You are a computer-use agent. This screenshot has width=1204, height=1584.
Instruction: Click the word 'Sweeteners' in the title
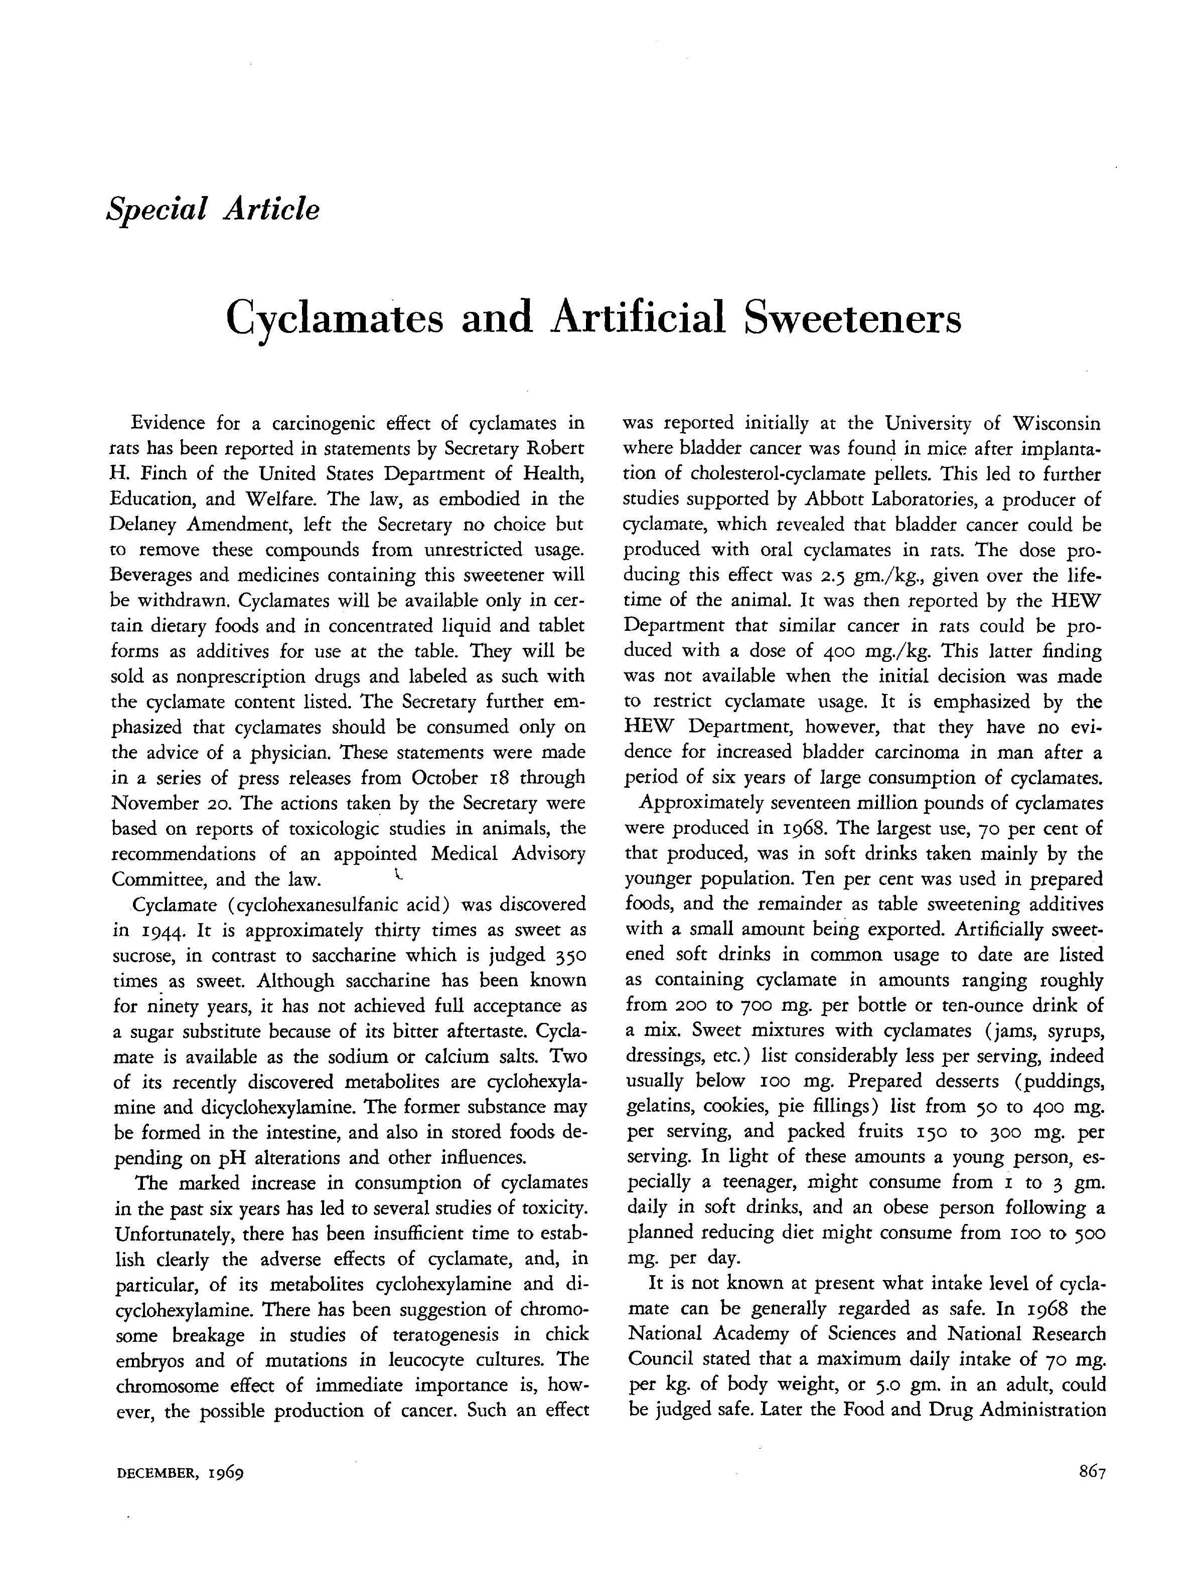point(851,317)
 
